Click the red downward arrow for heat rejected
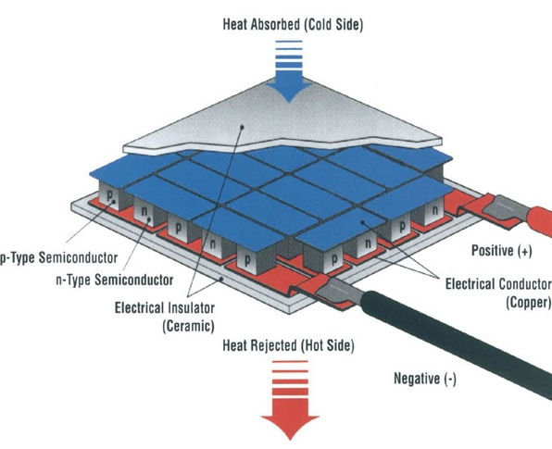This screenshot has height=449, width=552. coord(290,400)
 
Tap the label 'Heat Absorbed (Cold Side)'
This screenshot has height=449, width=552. coord(293,25)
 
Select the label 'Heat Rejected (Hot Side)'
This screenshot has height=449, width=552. coord(288,345)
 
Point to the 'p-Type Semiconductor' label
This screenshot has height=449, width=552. coord(58,257)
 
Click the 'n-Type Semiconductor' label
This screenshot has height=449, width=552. coord(115,281)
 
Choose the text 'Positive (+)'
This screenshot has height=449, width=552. coord(502,251)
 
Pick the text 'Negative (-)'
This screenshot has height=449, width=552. coord(425,379)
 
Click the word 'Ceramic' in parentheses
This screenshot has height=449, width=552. coord(188,326)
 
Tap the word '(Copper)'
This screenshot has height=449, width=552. coord(528,303)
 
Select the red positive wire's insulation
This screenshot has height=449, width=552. coord(539,221)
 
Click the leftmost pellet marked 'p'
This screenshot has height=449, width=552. coord(110,195)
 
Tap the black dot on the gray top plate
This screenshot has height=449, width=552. coord(242,127)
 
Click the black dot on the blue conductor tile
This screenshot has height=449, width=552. coord(362,222)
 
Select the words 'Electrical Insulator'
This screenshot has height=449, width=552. coord(165,307)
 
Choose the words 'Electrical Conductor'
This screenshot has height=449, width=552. coord(498,283)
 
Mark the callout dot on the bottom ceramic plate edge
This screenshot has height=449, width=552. coord(221,279)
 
